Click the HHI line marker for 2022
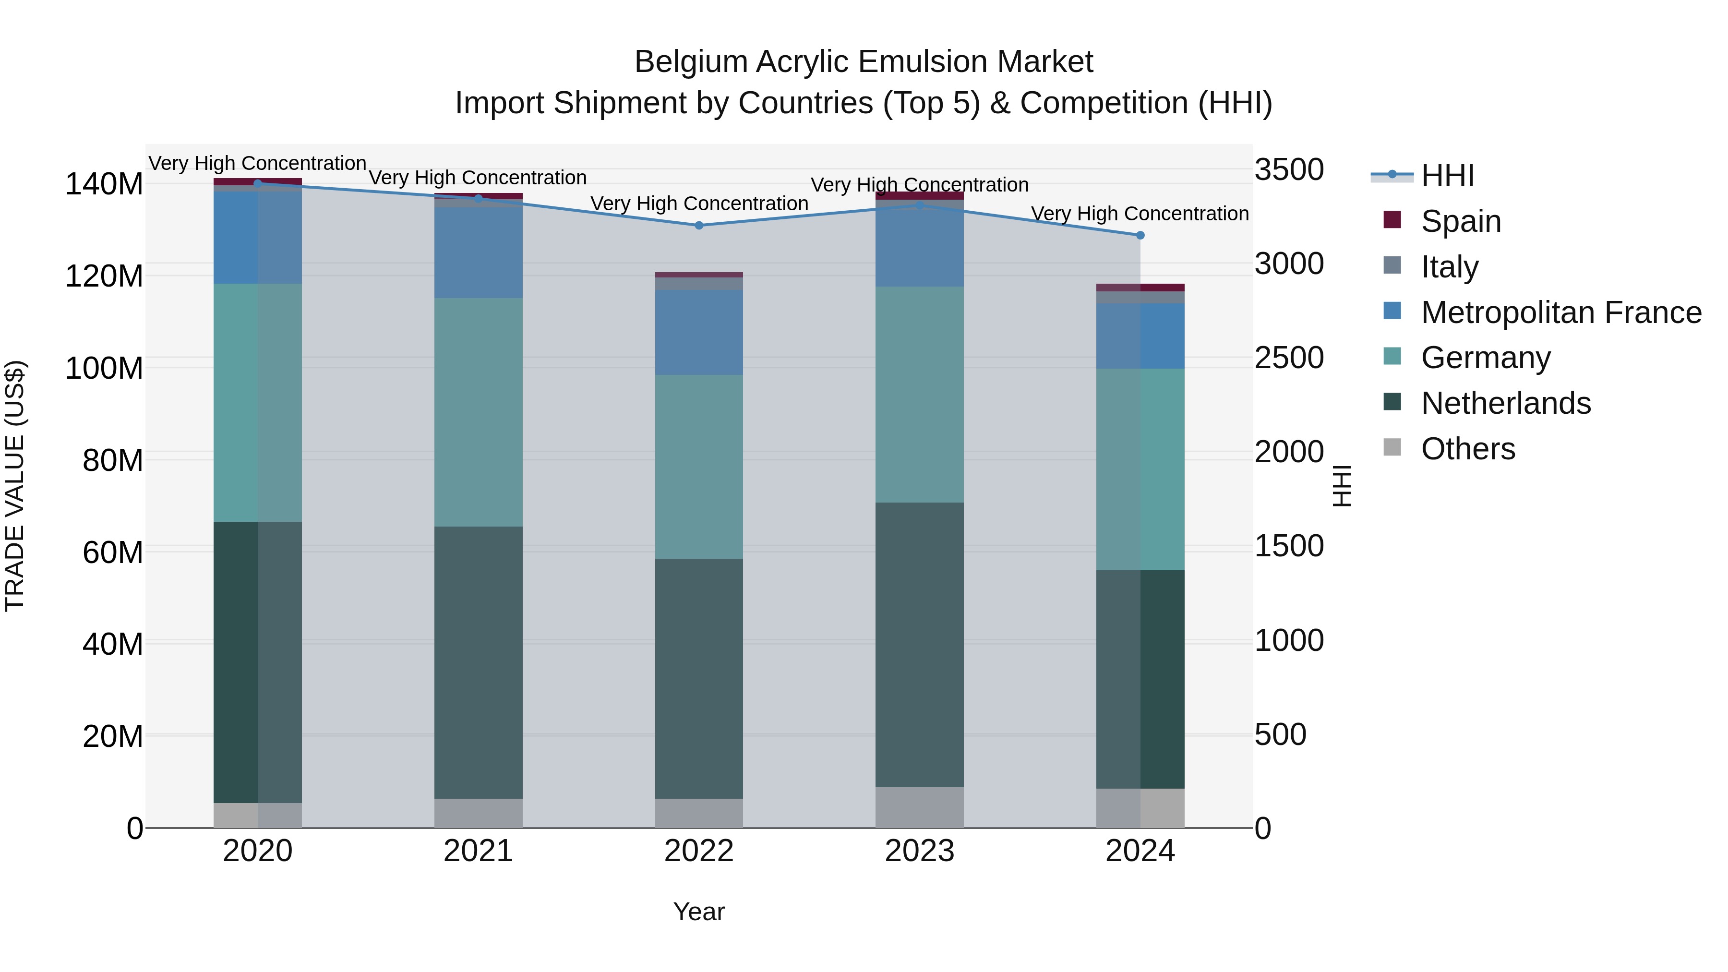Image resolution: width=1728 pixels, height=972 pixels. pos(699,226)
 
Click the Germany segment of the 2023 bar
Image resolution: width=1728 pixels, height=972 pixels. pos(919,395)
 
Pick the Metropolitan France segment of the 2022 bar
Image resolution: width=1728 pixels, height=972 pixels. pos(699,332)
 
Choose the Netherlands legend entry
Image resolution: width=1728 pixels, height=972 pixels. pos(1505,403)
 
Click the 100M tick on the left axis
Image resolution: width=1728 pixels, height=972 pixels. pos(104,368)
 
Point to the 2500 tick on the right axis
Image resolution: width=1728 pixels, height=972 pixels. pos(1289,358)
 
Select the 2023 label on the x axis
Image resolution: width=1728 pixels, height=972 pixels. pos(919,851)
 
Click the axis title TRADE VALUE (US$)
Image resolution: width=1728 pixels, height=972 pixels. pos(15,486)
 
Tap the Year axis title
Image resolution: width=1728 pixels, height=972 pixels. pos(699,912)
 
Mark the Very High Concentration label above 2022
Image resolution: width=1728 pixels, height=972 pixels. pos(699,203)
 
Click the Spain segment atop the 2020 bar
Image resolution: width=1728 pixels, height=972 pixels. pos(258,181)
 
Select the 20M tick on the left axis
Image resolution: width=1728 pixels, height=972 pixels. pos(113,736)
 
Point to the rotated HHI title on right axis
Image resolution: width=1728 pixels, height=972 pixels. pos(1342,486)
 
